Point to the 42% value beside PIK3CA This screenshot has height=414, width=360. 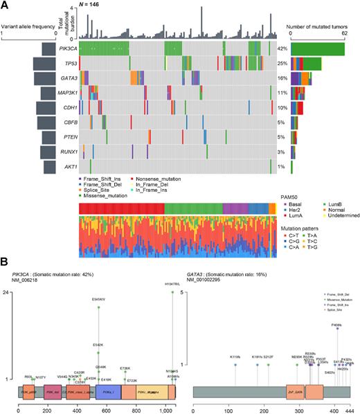click(282, 49)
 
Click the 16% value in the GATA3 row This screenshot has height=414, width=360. click(282, 79)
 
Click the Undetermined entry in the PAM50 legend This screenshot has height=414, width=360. click(339, 216)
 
